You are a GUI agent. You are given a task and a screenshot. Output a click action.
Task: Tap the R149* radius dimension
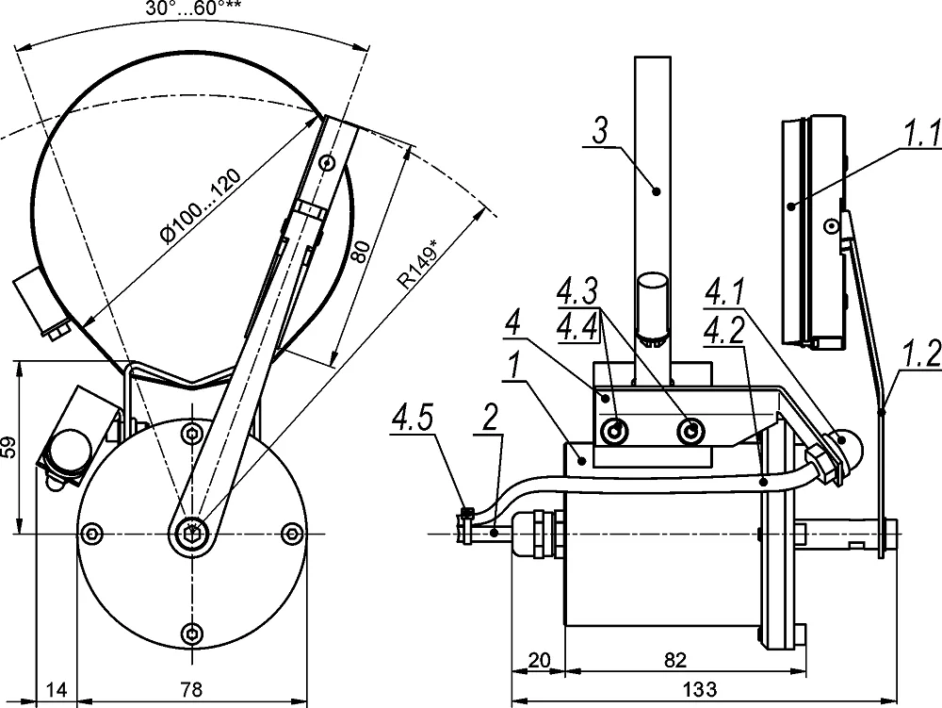418,265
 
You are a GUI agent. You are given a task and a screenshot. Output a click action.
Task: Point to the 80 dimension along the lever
361,250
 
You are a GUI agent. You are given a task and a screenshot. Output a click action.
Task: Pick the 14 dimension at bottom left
57,690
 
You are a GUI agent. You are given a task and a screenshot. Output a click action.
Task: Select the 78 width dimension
191,690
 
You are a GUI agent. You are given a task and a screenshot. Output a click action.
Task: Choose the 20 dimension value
538,658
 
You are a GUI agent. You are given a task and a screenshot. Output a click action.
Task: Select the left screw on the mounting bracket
615,432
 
